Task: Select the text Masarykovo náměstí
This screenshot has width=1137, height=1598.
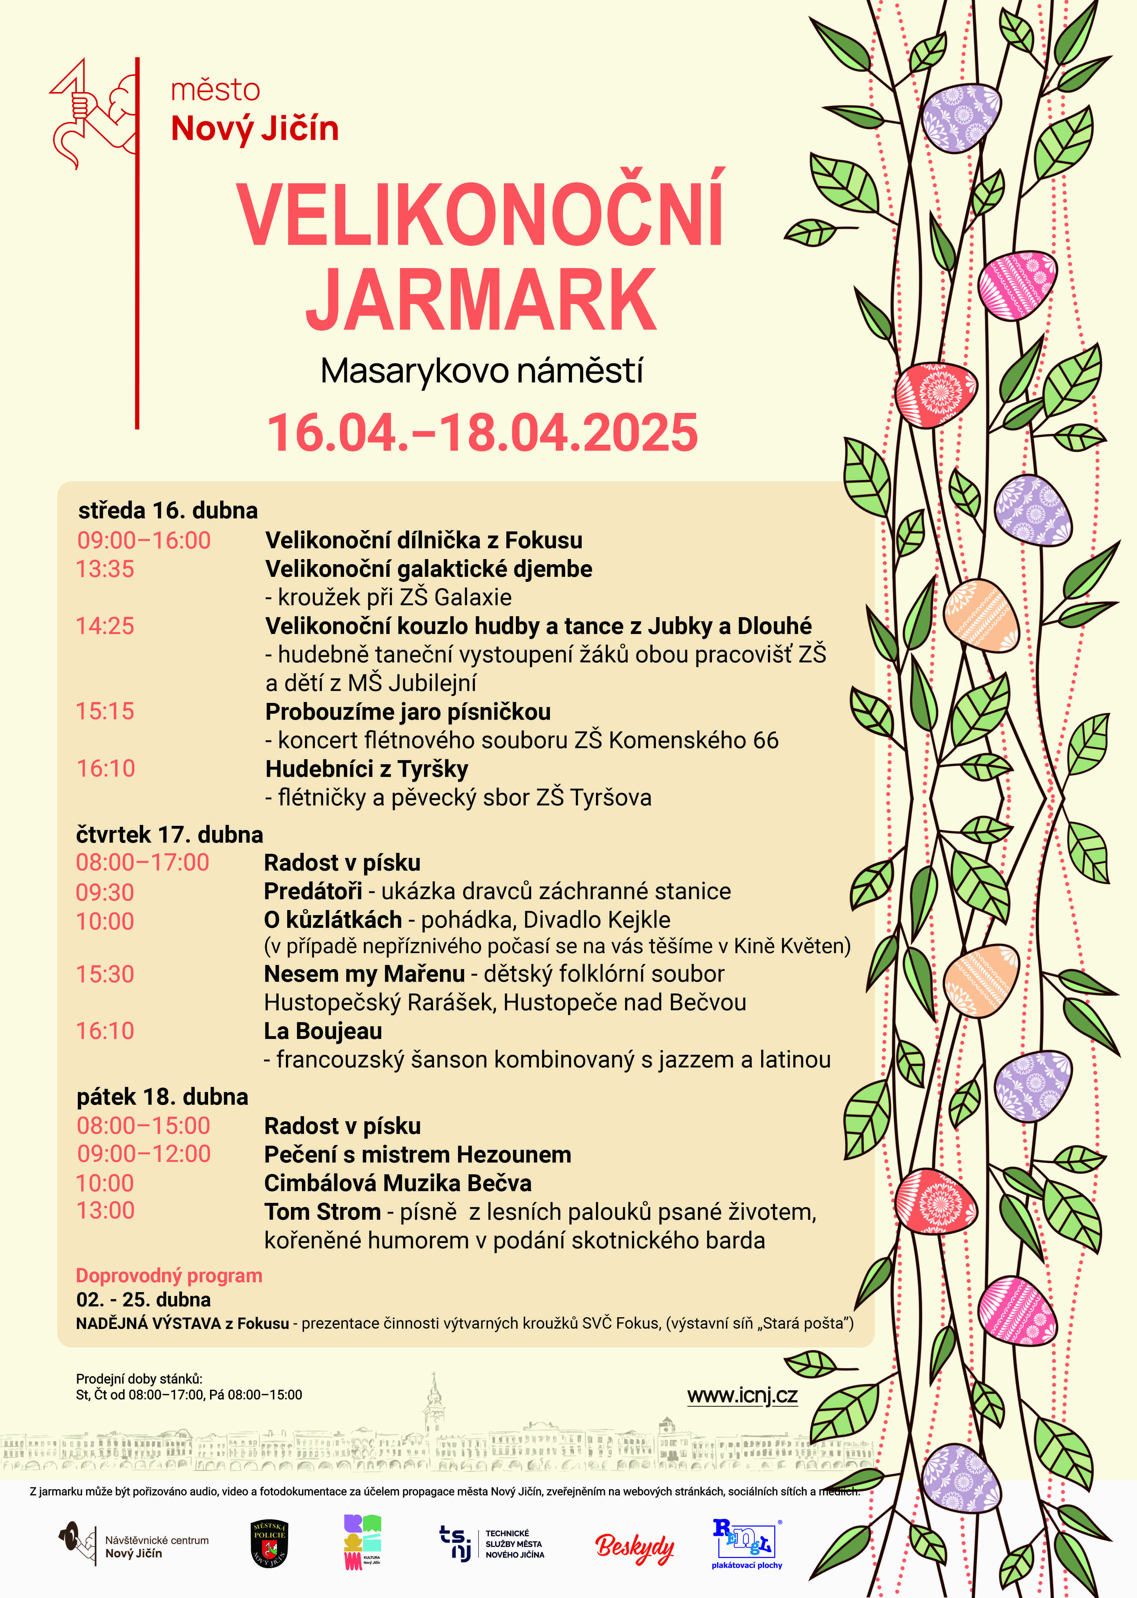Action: click(x=482, y=371)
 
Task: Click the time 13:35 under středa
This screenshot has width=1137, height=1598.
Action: click(x=105, y=569)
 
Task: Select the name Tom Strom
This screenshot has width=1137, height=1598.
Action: click(x=322, y=1212)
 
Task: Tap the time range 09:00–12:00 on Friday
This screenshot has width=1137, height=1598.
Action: click(x=144, y=1154)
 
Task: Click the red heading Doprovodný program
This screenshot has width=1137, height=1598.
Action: click(x=169, y=1275)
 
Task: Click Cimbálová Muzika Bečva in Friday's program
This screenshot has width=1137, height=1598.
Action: click(x=398, y=1183)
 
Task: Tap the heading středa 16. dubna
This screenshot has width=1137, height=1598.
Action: click(x=168, y=510)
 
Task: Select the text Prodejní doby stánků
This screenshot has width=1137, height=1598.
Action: click(x=139, y=1379)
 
